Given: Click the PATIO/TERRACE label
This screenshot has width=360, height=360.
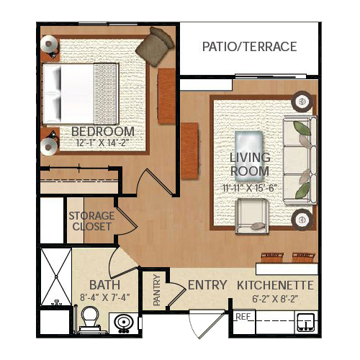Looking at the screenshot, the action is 250,47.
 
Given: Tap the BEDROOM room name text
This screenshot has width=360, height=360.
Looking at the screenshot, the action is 103,132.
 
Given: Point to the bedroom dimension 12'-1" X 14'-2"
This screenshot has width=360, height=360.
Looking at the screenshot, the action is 101,143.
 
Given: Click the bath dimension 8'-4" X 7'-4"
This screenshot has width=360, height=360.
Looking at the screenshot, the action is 105,298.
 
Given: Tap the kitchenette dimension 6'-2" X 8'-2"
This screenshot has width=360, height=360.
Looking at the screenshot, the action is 275,299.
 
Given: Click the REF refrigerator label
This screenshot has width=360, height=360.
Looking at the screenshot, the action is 243,317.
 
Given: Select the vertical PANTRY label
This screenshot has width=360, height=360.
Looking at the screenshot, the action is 157,290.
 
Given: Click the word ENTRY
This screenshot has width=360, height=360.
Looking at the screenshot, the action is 207,285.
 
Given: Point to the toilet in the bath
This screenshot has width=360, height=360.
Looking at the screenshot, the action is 90,319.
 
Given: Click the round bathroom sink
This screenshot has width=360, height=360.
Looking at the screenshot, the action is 123,323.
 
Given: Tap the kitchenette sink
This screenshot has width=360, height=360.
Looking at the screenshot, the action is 306,323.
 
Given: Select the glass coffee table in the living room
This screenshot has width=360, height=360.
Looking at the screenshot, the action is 249,156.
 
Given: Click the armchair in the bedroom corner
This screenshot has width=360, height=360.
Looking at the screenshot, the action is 155,46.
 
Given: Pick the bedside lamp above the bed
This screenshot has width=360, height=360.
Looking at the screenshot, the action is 49,44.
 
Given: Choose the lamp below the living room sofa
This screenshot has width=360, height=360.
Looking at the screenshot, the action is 302,220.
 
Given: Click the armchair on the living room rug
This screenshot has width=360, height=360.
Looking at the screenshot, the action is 251,216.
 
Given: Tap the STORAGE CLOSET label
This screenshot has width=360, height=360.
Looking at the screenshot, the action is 91,221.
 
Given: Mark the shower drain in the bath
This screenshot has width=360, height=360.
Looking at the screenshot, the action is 56,276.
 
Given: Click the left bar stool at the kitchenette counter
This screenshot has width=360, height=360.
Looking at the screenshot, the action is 272,258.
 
